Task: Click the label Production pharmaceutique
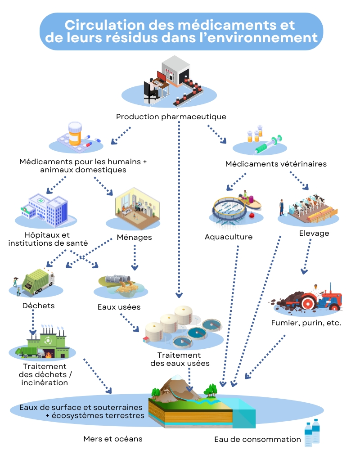pyautogui.click(x=171, y=117)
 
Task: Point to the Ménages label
pyautogui.click(x=134, y=237)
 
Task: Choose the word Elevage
pyautogui.click(x=314, y=233)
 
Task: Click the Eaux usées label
pyautogui.click(x=119, y=307)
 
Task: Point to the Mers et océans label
pyautogui.click(x=113, y=439)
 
